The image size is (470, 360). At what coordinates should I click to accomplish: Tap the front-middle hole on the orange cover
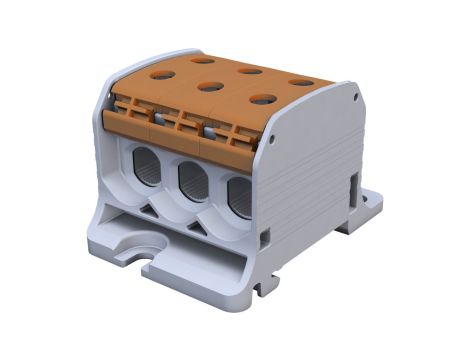tap(210, 86)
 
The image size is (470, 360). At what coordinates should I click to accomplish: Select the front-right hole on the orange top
tap(262, 98)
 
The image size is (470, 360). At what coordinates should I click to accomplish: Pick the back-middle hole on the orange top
tap(250, 70)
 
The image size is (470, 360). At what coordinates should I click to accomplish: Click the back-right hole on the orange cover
tap(300, 81)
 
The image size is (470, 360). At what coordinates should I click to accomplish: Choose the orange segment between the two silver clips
tap(187, 124)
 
